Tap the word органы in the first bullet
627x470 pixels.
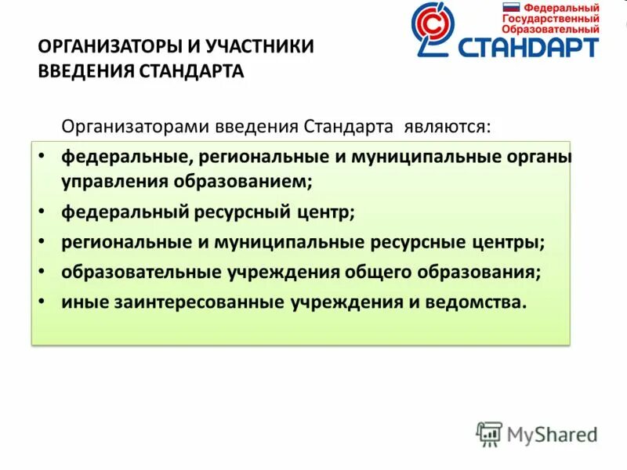coord(541,157)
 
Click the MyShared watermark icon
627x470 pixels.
coord(489,433)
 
